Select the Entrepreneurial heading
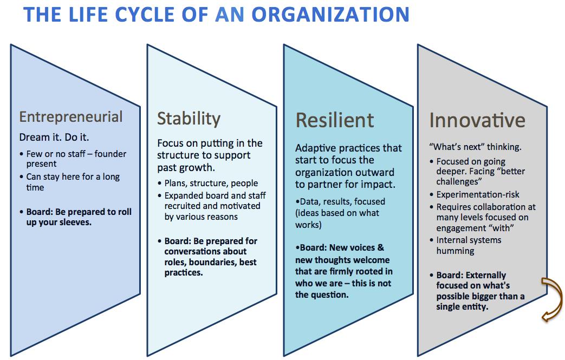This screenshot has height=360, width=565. tap(71, 116)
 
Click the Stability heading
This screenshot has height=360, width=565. tap(189, 118)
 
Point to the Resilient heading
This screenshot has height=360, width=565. tap(335, 120)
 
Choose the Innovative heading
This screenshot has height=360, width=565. tap(477, 120)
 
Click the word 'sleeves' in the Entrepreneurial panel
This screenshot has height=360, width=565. tap(74, 222)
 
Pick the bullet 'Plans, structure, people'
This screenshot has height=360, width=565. tap(211, 183)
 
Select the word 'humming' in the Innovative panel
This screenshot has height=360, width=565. tap(455, 251)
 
